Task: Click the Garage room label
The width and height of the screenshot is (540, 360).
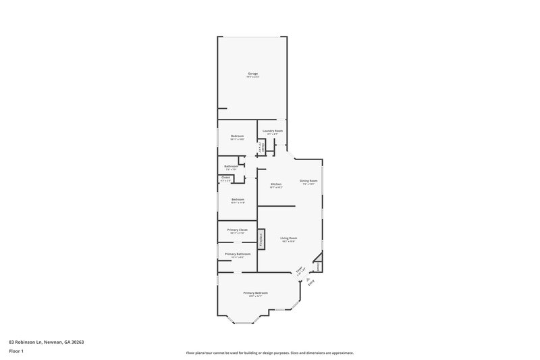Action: click(252, 74)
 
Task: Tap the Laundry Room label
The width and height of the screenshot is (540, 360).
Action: click(273, 130)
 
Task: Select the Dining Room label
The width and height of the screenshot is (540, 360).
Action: click(308, 181)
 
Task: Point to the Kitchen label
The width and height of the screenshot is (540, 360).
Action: click(276, 184)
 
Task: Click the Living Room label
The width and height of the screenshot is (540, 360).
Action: click(289, 238)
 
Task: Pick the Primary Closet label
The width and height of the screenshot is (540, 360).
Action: click(237, 230)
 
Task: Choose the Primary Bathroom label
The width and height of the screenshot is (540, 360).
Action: click(237, 255)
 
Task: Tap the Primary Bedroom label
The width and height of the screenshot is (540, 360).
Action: click(258, 293)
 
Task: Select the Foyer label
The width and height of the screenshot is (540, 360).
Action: click(298, 272)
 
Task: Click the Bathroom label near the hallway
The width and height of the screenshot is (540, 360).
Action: click(232, 166)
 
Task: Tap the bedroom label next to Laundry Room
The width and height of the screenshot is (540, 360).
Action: click(237, 136)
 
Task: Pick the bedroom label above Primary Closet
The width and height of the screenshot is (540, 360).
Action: click(237, 199)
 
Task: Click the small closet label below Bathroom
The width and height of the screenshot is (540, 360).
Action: click(225, 178)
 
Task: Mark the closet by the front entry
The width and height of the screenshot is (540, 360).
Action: click(318, 265)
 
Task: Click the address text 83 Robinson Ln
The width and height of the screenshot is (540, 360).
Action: click(47, 342)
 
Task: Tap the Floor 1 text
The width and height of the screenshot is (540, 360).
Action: click(16, 352)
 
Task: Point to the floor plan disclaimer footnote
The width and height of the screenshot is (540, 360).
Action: click(269, 353)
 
